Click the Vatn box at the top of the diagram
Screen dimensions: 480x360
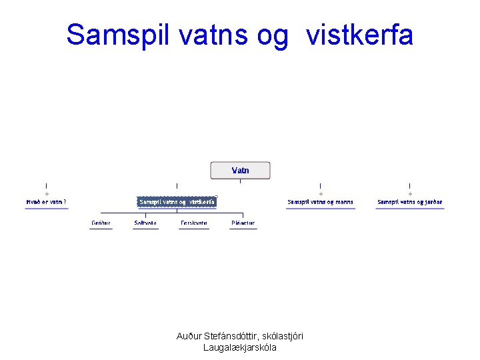[x=240, y=171]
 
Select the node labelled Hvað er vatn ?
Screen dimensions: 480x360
[x=46, y=201]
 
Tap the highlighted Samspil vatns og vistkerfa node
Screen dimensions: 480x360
[x=177, y=201]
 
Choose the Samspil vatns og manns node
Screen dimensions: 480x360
[x=320, y=201]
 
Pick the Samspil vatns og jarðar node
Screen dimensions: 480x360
[x=409, y=201]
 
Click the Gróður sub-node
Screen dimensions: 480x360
[x=101, y=223]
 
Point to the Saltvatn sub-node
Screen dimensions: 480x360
[x=145, y=223]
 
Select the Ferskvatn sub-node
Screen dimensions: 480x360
[x=194, y=223]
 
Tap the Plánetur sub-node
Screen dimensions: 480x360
[x=243, y=223]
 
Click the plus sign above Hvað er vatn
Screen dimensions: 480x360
[x=46, y=194]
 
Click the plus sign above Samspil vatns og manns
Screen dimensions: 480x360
[x=320, y=194]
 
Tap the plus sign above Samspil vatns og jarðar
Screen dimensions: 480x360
[x=409, y=194]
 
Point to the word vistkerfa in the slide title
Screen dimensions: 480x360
[x=360, y=35]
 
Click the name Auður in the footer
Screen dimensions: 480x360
[x=189, y=336]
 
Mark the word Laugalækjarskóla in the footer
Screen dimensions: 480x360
[x=240, y=347]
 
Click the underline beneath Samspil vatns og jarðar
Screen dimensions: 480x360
[x=409, y=209]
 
